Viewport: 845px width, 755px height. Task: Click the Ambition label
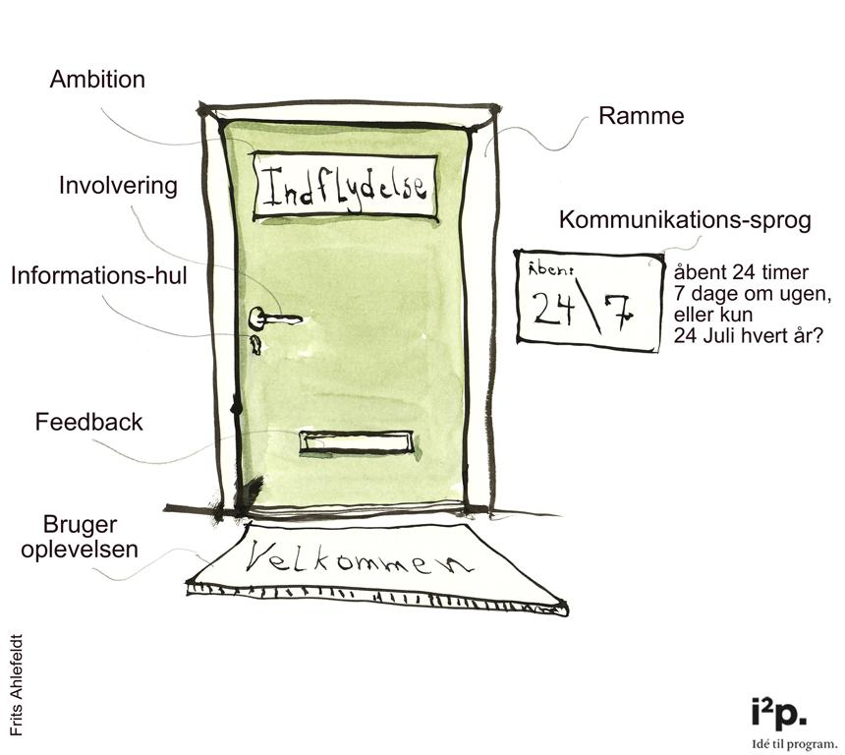(x=97, y=80)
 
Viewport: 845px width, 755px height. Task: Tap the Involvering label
(x=118, y=186)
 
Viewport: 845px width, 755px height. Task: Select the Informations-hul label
(x=98, y=276)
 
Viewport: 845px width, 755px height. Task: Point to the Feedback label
(x=89, y=423)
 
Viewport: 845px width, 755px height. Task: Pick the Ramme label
(x=641, y=117)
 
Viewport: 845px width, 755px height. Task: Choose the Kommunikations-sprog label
(x=685, y=220)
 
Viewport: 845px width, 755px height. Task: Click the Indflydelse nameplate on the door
(x=345, y=186)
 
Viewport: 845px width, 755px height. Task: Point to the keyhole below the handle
(x=255, y=344)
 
